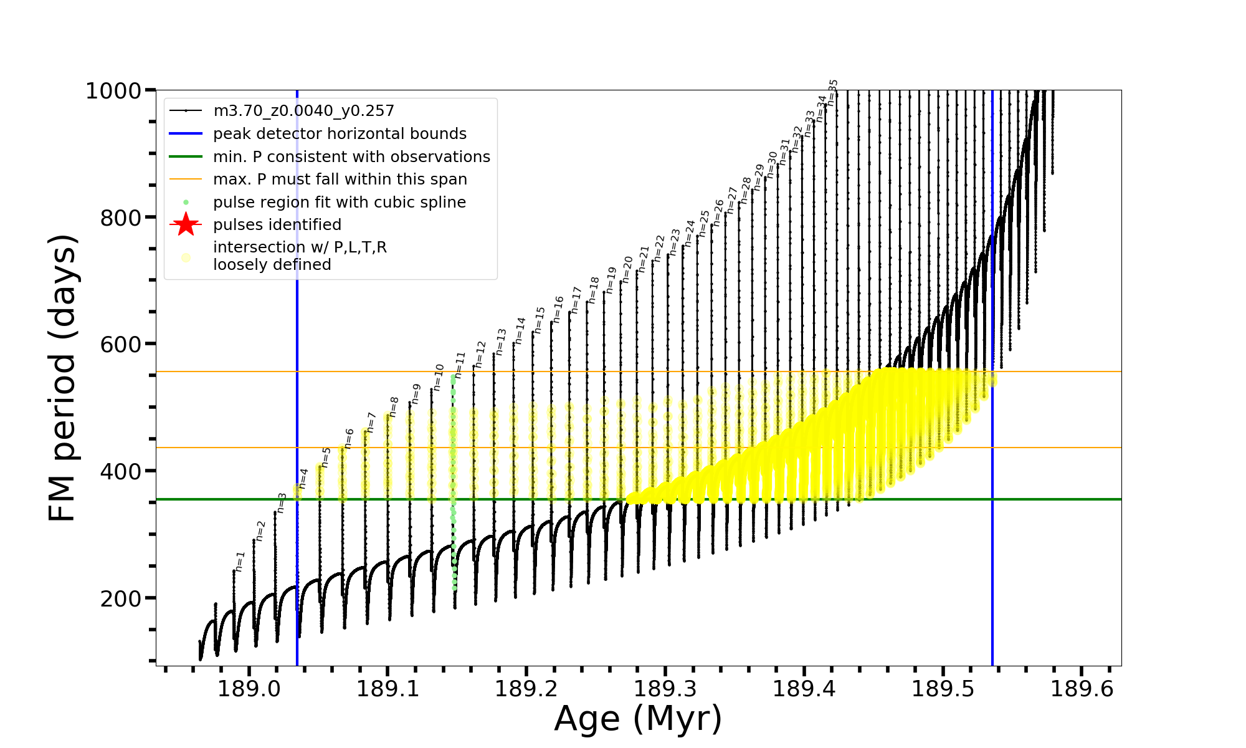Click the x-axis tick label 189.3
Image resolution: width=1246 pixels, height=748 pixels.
tap(665, 689)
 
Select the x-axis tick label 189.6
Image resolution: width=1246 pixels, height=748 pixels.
tap(1082, 689)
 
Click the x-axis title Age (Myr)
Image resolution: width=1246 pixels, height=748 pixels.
tap(638, 719)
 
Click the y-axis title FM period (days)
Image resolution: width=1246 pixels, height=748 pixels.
tap(63, 378)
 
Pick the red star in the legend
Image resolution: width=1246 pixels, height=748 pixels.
tap(186, 224)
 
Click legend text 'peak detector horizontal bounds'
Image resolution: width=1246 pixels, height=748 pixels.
tap(340, 134)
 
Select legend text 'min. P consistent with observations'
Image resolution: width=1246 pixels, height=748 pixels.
tap(351, 156)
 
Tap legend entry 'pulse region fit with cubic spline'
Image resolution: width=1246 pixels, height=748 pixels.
tap(339, 203)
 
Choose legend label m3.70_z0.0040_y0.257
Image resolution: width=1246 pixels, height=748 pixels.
tap(303, 111)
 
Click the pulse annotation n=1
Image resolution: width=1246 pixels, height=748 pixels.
tap(240, 561)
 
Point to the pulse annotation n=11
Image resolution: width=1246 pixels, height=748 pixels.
tap(460, 365)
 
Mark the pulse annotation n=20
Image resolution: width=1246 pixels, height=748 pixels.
tap(627, 269)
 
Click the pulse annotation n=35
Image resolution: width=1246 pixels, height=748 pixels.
tap(833, 92)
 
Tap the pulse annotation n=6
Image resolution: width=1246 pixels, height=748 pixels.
tap(349, 438)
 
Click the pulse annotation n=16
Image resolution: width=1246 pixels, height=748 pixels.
tap(558, 309)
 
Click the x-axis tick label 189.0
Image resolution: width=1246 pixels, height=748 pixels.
tap(249, 689)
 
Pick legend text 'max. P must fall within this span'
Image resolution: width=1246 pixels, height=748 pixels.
tap(340, 180)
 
